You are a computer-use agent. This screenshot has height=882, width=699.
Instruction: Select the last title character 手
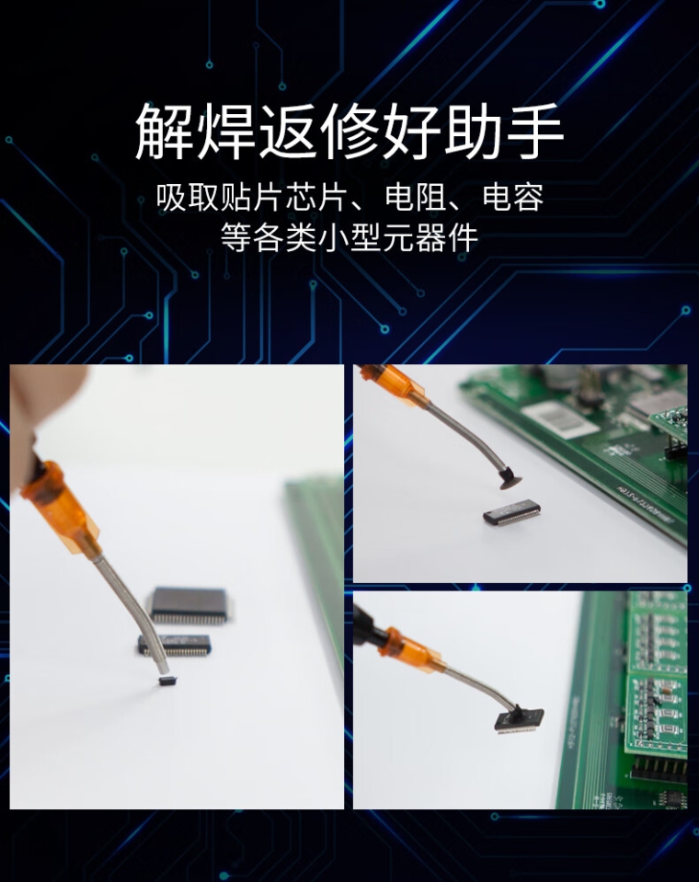[x=534, y=132]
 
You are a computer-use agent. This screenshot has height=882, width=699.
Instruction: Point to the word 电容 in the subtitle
[x=513, y=198]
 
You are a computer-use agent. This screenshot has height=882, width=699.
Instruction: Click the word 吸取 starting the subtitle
[x=187, y=198]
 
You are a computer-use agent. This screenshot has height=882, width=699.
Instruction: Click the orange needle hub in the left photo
[x=60, y=509]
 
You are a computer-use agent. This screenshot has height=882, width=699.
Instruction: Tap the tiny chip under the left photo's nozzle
[x=166, y=682]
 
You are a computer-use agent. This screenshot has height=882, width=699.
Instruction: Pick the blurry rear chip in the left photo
[x=189, y=605]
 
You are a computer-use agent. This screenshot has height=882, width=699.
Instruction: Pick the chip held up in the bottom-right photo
[x=519, y=720]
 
